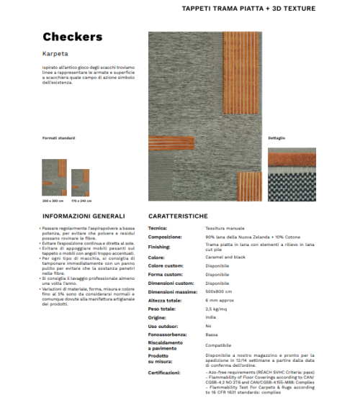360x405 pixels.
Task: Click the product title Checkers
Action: coord(73,37)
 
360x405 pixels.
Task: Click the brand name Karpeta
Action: coord(54,53)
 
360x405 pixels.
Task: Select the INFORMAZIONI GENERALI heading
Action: coord(84,215)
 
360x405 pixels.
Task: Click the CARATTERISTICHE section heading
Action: coord(179,215)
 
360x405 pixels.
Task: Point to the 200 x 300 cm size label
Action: coord(53,200)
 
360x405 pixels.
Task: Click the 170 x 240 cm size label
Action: coord(81,200)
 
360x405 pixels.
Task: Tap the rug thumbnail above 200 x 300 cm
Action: coord(54,178)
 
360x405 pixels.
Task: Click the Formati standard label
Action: coord(58,137)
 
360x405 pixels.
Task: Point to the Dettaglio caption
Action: coord(276,137)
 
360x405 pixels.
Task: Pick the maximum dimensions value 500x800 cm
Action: coord(219,291)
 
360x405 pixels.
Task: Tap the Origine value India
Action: coord(210,317)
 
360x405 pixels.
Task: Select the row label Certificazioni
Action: coord(164,373)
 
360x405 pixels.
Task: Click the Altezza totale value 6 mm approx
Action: coord(221,300)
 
